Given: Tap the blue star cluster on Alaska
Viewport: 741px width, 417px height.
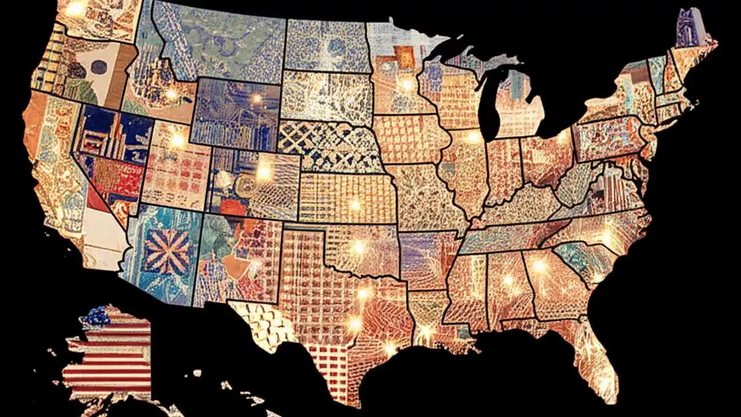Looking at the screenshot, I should tap(96, 316).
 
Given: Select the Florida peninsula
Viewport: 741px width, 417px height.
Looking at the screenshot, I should tap(596, 359).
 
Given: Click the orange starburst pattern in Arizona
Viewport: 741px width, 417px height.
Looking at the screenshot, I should tap(167, 251).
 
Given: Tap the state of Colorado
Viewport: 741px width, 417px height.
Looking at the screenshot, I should tap(255, 182).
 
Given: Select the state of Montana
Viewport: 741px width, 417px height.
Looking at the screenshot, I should tap(220, 41).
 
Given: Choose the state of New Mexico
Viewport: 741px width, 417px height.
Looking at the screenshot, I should tap(237, 258).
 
